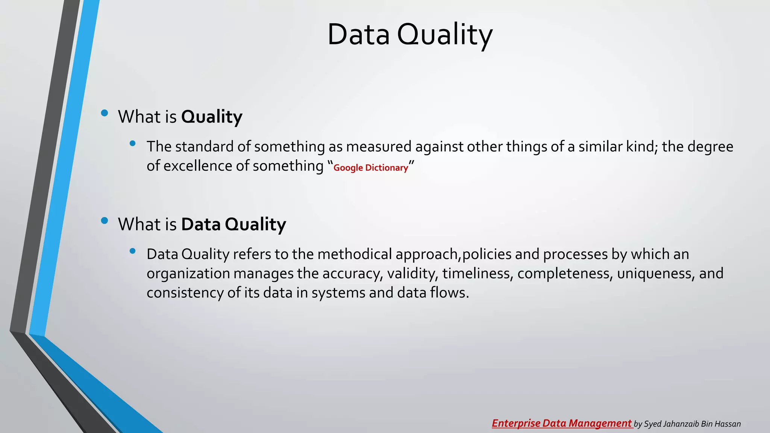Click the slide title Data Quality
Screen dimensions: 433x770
coord(409,35)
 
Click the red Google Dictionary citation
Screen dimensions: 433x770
coord(370,168)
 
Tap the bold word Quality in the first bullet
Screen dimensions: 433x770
coord(212,117)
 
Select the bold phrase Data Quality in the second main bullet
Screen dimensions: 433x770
coord(233,224)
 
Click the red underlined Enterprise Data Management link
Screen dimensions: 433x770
coord(562,423)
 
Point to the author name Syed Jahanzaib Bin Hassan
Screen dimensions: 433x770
coord(692,424)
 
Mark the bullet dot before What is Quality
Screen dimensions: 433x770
coord(105,113)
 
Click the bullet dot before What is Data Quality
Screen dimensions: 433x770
coord(105,221)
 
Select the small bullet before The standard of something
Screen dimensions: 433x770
coord(132,143)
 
